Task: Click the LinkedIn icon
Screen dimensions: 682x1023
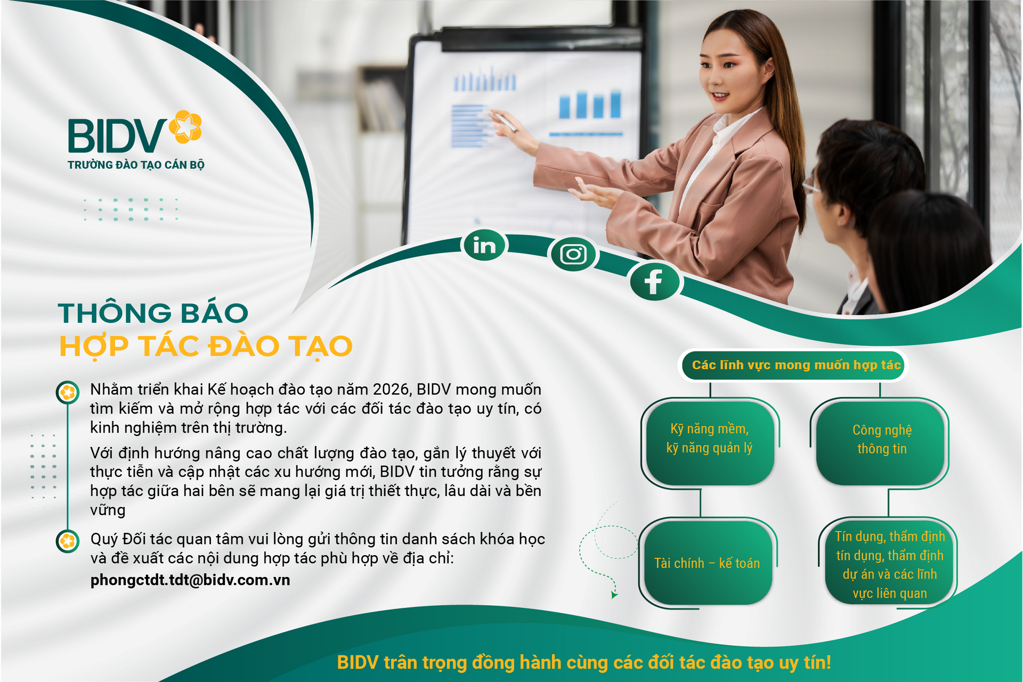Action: (484, 246)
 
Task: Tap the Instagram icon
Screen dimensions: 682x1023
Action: (573, 254)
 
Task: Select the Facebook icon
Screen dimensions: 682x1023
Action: (654, 281)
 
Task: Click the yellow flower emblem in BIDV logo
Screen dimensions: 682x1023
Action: (185, 127)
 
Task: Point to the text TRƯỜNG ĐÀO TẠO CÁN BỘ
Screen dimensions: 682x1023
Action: (136, 165)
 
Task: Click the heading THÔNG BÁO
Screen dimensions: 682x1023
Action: (153, 313)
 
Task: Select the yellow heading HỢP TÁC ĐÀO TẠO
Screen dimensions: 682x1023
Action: (206, 346)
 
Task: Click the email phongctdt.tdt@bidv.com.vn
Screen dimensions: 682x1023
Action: (190, 580)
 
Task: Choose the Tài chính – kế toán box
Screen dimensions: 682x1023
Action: (707, 563)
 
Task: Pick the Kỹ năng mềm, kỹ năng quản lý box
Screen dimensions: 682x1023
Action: (709, 439)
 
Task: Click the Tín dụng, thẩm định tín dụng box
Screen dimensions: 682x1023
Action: (889, 564)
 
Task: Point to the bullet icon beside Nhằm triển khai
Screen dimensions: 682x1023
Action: (68, 393)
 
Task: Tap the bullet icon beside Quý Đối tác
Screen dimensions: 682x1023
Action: (68, 541)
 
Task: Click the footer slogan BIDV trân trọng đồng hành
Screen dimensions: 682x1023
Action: (584, 662)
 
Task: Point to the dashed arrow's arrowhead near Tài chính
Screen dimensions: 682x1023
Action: (614, 594)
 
